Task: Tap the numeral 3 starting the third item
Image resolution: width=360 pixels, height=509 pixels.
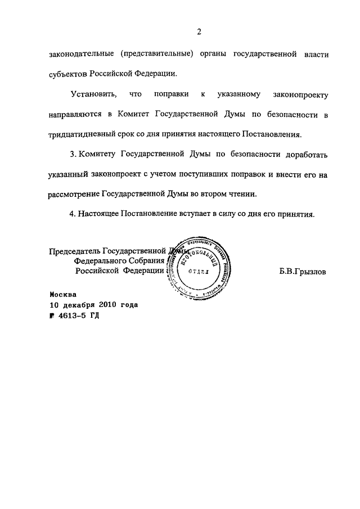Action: [71, 154]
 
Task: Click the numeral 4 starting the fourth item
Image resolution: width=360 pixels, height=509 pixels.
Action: [71, 214]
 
